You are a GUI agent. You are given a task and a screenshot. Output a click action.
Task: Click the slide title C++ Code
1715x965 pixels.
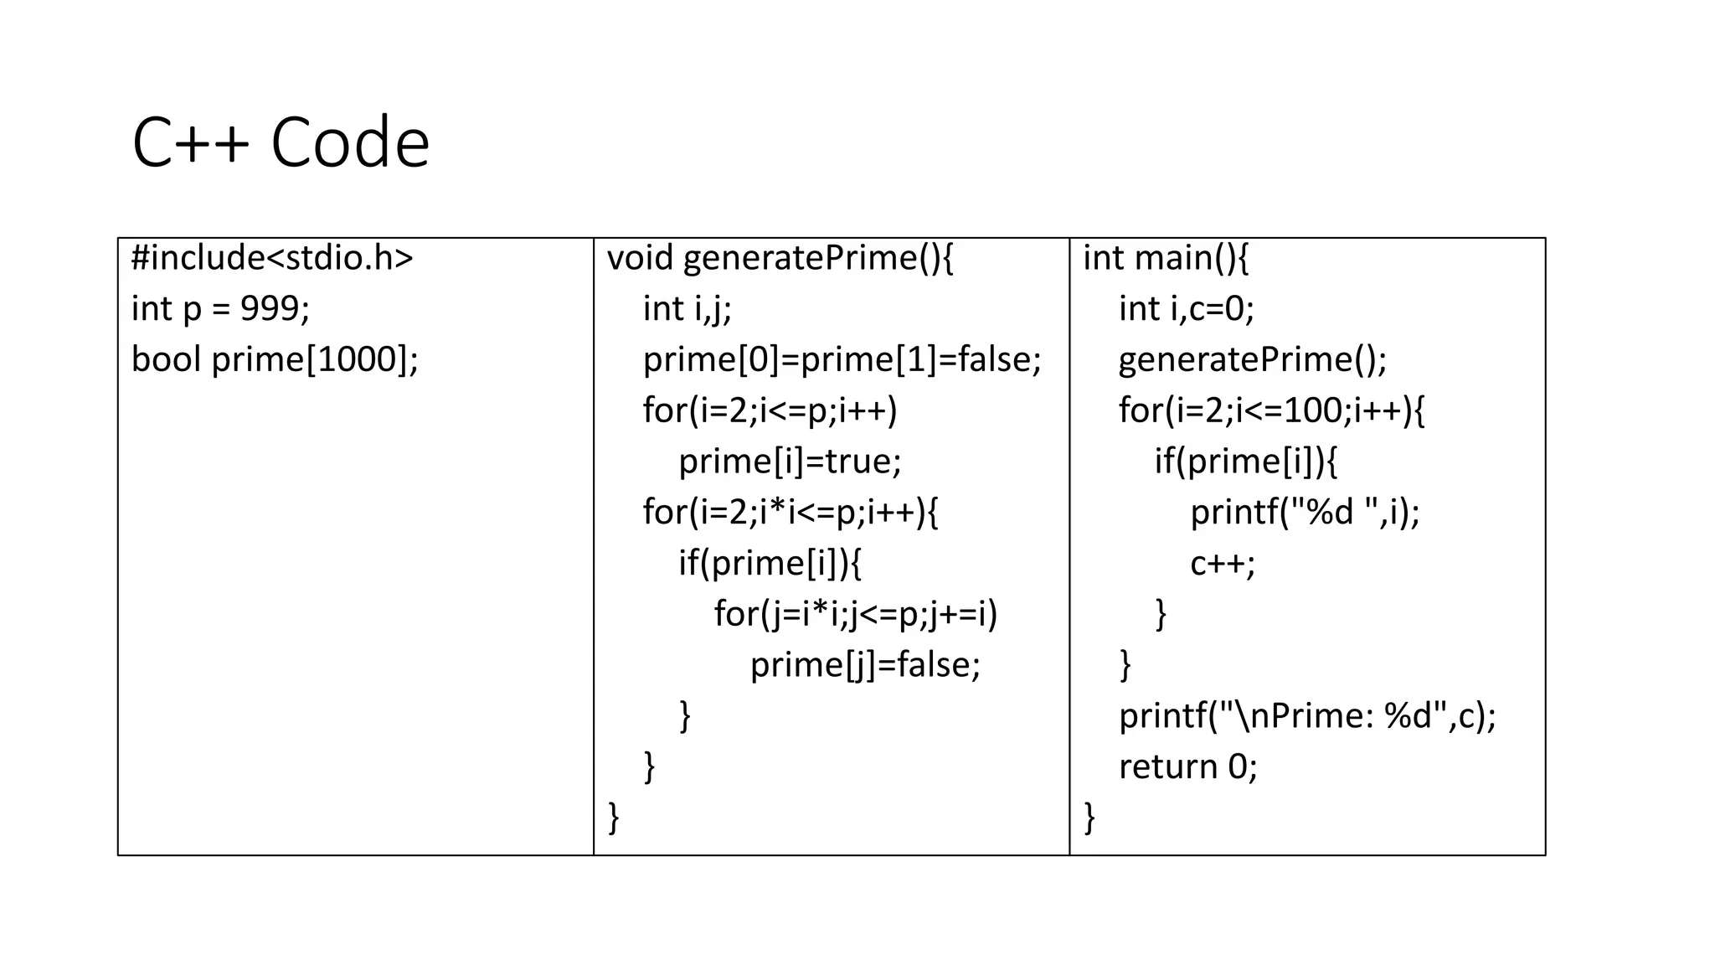[x=281, y=143]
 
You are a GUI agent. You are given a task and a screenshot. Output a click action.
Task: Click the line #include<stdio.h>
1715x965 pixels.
[x=272, y=258]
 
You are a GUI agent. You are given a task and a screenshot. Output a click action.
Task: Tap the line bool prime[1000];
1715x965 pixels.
[x=275, y=360]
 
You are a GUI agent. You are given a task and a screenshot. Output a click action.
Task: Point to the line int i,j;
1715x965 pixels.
[x=687, y=309]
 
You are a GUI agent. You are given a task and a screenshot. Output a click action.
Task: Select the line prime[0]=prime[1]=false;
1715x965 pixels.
[x=842, y=360]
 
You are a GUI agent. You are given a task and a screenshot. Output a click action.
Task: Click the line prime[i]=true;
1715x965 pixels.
[x=790, y=462]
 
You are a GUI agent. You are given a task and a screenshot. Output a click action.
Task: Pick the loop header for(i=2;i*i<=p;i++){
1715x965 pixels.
[x=791, y=512]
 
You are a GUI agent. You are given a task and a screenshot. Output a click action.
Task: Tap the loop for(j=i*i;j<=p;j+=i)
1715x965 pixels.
[x=856, y=614]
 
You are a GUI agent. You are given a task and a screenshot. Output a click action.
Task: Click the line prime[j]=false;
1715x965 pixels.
[x=865, y=665]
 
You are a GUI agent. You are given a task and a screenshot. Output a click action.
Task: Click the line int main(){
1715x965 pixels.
[x=1165, y=258]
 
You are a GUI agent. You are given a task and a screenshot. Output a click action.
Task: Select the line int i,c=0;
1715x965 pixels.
[x=1186, y=309]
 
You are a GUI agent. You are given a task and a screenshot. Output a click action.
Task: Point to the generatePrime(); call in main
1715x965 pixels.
[x=1252, y=360]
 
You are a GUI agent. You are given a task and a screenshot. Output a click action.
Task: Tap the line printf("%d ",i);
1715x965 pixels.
[x=1305, y=512]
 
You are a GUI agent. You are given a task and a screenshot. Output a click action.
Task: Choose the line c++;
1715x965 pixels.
[x=1222, y=564]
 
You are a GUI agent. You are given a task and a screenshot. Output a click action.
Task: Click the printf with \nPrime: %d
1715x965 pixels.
[x=1306, y=716]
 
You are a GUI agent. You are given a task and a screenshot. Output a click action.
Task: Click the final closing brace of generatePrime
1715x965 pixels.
[x=613, y=817]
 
